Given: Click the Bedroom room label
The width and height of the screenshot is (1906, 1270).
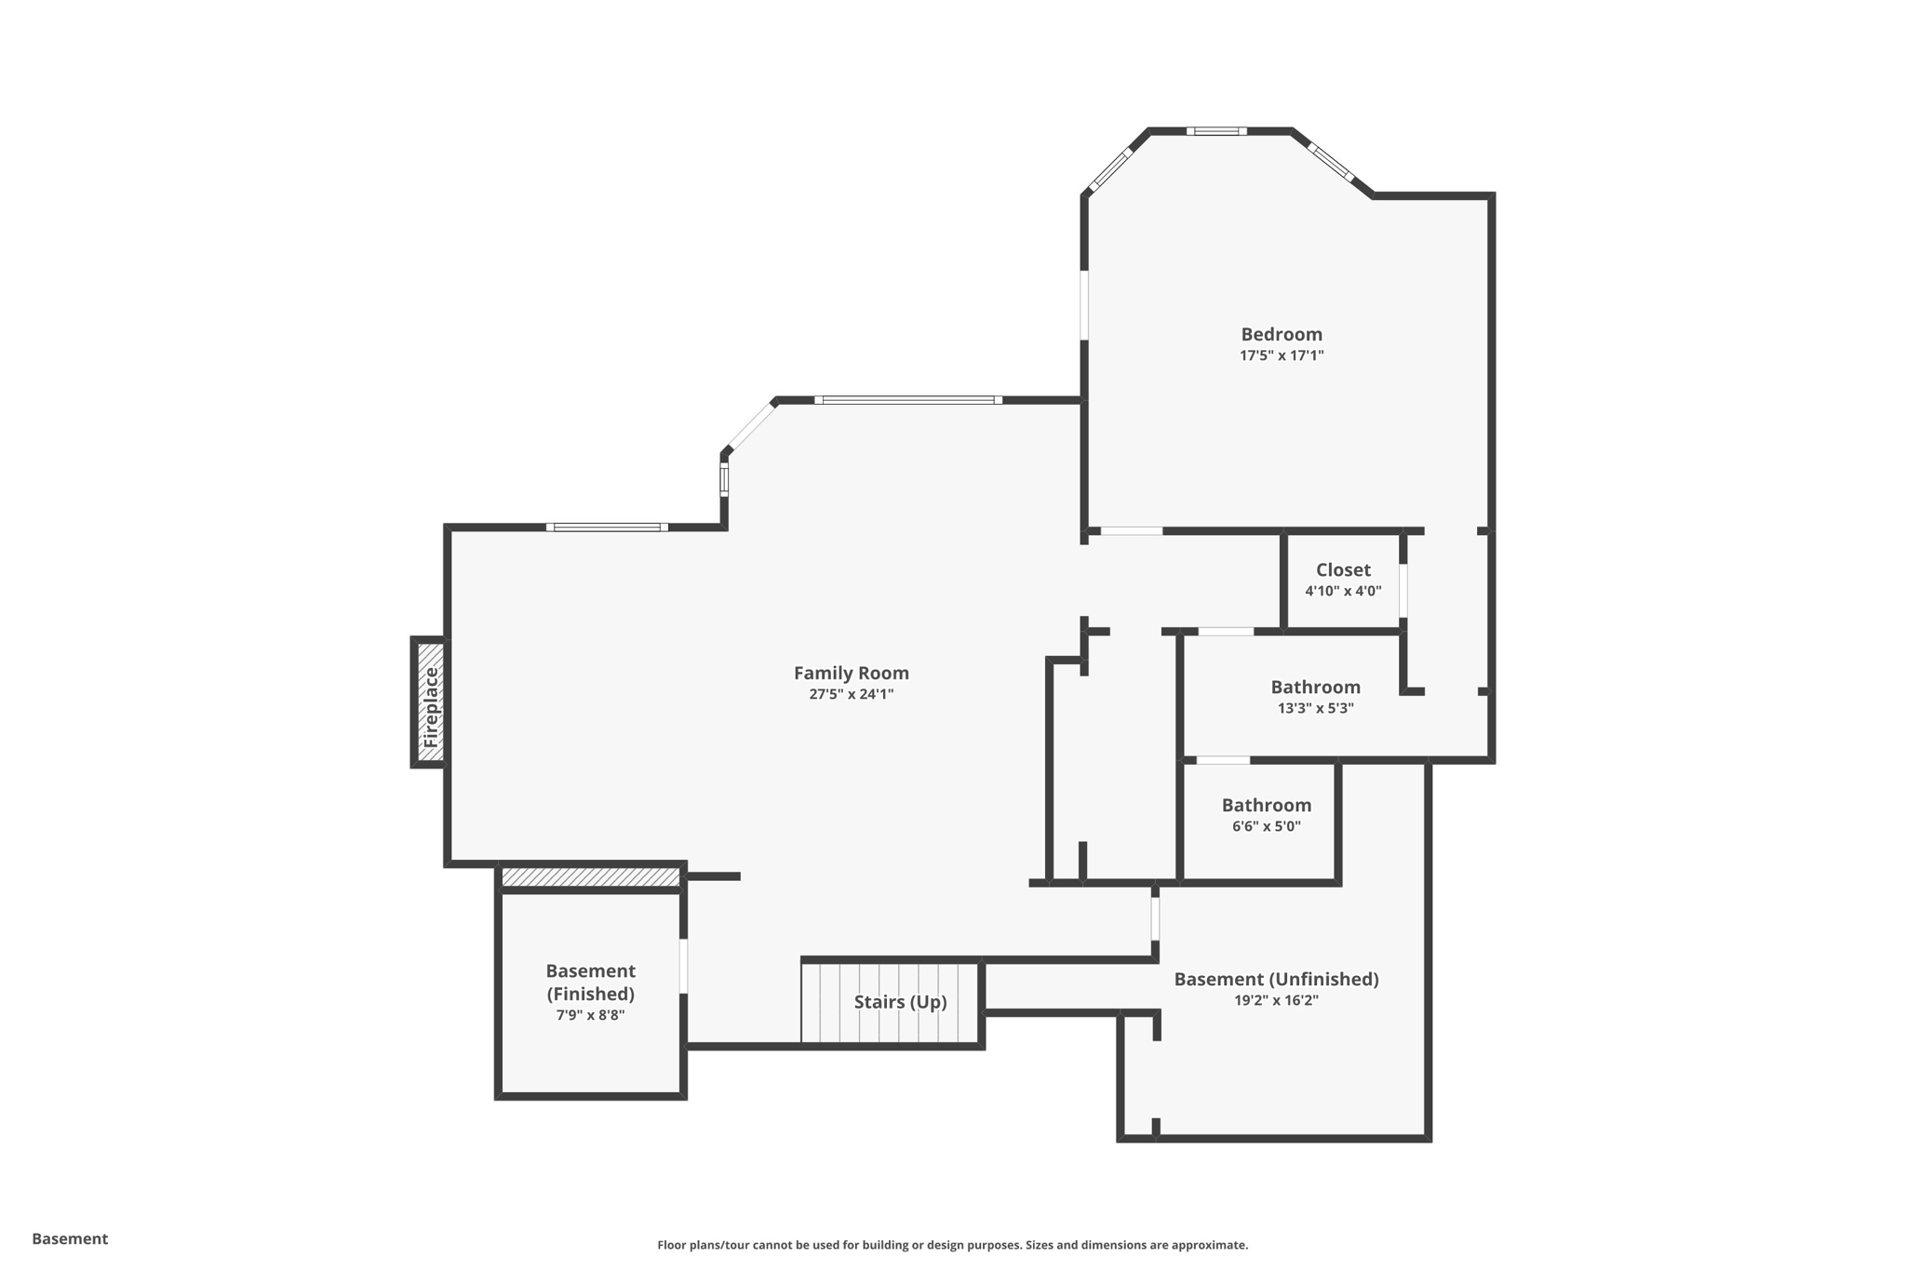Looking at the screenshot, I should point(1281,334).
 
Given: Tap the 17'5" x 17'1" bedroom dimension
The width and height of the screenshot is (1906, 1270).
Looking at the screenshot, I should point(1281,355).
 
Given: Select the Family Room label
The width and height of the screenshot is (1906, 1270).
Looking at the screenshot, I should point(851,673).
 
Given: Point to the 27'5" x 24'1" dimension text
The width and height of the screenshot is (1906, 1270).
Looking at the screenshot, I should point(851,694).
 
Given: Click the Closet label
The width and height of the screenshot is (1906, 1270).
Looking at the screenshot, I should point(1343,570).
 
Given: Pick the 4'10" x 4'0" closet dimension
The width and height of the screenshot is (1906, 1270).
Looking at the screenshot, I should point(1343,591).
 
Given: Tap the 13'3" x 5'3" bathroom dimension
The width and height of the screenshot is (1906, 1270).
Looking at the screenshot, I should point(1315,708).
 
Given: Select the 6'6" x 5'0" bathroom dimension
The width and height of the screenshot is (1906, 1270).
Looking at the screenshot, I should point(1266,826).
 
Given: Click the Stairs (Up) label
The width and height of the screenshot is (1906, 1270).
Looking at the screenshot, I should point(900,1002).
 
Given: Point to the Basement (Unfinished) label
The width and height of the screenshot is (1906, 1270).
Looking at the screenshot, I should point(1276,979).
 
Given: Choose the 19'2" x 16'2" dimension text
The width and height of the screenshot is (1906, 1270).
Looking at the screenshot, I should point(1276,1000).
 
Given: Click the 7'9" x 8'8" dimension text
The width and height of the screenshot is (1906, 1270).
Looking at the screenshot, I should point(590,1015).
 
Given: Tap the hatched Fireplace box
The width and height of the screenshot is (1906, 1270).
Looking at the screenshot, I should point(430,702).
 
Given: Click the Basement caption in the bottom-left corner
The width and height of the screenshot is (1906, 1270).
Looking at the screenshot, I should point(70,1238).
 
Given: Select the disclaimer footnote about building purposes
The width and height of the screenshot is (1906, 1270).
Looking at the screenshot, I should point(952,1245).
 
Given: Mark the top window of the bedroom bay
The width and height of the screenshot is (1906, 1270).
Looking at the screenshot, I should point(1215,131).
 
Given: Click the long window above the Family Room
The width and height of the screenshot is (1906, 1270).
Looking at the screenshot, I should point(907,400).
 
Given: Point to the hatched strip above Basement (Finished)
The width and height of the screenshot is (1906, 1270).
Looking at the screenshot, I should point(591,876).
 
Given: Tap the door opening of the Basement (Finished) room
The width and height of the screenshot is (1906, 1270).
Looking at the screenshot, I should point(683,966).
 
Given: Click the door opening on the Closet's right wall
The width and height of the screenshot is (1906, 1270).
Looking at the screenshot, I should point(1403,589).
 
